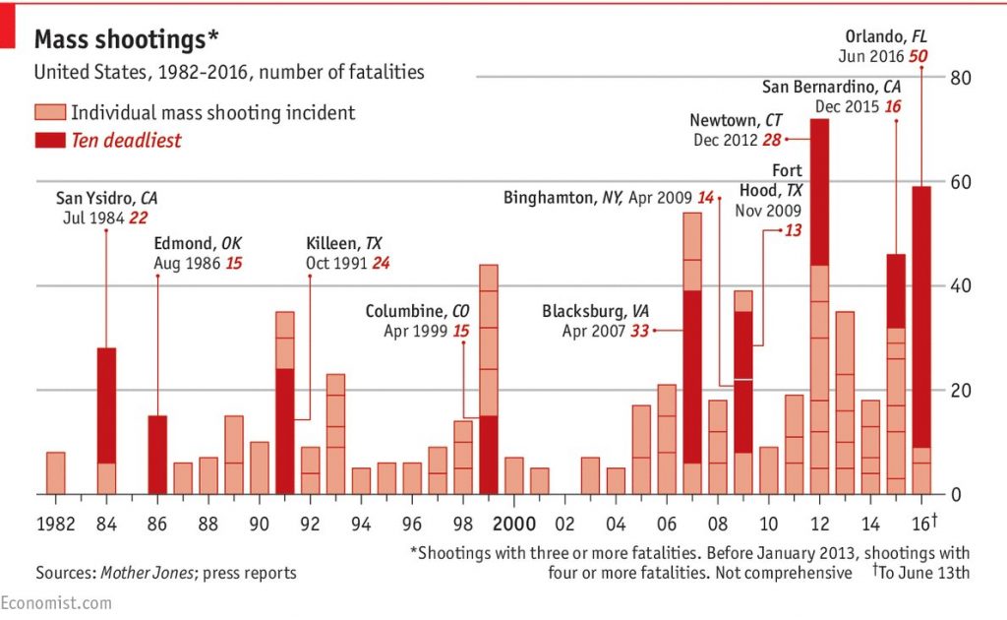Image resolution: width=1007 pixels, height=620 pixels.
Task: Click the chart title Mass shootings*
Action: [x=127, y=39]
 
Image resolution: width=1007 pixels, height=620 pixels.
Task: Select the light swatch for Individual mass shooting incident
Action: [x=50, y=112]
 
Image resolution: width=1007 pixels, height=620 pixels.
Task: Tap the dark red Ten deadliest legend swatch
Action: [x=50, y=141]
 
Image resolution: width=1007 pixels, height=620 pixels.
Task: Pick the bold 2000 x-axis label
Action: [x=513, y=522]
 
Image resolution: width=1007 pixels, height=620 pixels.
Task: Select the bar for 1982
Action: [x=55, y=473]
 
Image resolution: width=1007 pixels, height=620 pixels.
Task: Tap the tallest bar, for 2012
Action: [x=818, y=306]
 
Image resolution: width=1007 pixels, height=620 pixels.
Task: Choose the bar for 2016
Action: [x=920, y=340]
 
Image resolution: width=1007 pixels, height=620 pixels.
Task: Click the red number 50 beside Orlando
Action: [x=918, y=57]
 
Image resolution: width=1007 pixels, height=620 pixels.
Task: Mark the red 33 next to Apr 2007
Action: [x=639, y=332]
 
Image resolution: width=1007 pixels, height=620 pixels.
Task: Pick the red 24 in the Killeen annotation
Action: [x=382, y=263]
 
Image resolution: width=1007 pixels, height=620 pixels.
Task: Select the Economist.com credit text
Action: [x=42, y=603]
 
